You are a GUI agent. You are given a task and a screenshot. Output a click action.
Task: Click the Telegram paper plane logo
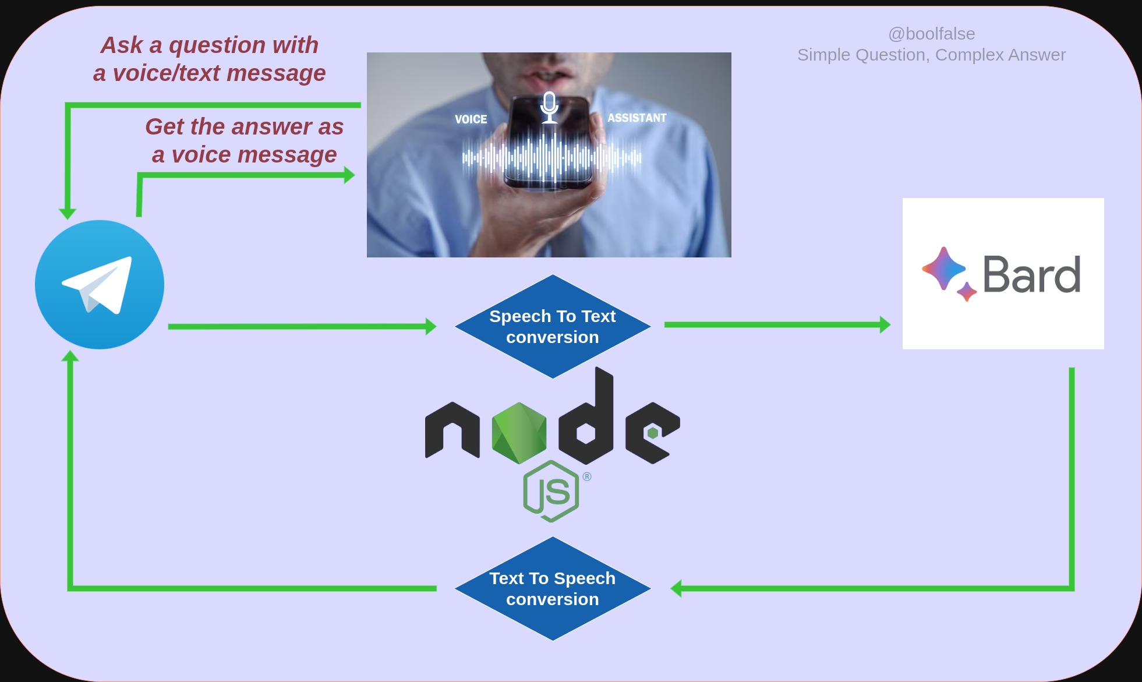point(100,285)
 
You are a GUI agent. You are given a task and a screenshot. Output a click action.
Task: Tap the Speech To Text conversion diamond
point(553,327)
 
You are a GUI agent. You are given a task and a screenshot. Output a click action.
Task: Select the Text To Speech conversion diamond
point(553,589)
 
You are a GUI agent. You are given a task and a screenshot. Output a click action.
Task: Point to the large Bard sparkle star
point(943,268)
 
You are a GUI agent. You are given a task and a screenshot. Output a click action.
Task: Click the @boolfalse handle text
point(932,34)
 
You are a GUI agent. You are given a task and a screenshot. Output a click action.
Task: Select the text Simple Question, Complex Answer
point(931,55)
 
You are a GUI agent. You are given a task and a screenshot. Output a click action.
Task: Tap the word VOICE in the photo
point(471,119)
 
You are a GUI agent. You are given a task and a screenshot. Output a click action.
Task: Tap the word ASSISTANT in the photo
point(637,118)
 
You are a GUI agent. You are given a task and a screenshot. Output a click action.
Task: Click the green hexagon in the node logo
point(519,433)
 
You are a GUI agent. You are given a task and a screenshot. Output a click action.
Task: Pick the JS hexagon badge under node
point(551,491)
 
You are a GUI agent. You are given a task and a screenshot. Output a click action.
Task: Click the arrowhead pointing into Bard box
point(885,324)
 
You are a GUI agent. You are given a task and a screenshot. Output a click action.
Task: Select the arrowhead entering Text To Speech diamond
point(677,588)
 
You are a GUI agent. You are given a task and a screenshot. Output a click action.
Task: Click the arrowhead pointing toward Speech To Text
point(431,326)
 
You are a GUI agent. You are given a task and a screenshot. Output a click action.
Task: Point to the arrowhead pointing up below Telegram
point(70,355)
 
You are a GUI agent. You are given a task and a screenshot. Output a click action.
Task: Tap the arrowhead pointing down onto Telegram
point(68,214)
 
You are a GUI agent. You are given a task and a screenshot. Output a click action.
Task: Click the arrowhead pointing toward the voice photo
point(349,175)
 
